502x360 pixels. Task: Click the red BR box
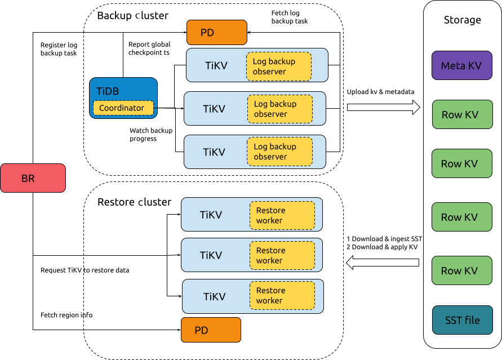click(x=33, y=178)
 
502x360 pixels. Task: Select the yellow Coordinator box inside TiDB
click(x=123, y=108)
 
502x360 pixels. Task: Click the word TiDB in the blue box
click(x=108, y=91)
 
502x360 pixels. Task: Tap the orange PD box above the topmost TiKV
click(x=216, y=33)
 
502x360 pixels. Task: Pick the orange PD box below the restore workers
click(x=211, y=330)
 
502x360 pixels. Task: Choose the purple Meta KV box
click(x=461, y=65)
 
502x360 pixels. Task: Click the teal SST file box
click(x=462, y=320)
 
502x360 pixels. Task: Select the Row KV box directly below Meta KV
click(x=461, y=115)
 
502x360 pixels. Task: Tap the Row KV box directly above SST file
click(x=461, y=271)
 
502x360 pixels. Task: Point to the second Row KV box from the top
click(x=461, y=164)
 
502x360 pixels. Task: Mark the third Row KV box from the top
click(x=461, y=217)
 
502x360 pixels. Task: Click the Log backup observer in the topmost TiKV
click(x=279, y=66)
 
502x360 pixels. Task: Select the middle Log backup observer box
click(x=279, y=109)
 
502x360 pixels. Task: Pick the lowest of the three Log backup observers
click(x=279, y=152)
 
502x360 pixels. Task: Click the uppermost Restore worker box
click(x=282, y=215)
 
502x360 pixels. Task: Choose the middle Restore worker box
click(x=282, y=255)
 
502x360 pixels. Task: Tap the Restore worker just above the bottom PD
click(x=282, y=295)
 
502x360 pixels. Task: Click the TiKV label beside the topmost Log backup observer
click(x=216, y=66)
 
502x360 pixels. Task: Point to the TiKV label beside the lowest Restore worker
click(x=215, y=297)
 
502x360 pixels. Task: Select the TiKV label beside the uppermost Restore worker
click(x=211, y=215)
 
